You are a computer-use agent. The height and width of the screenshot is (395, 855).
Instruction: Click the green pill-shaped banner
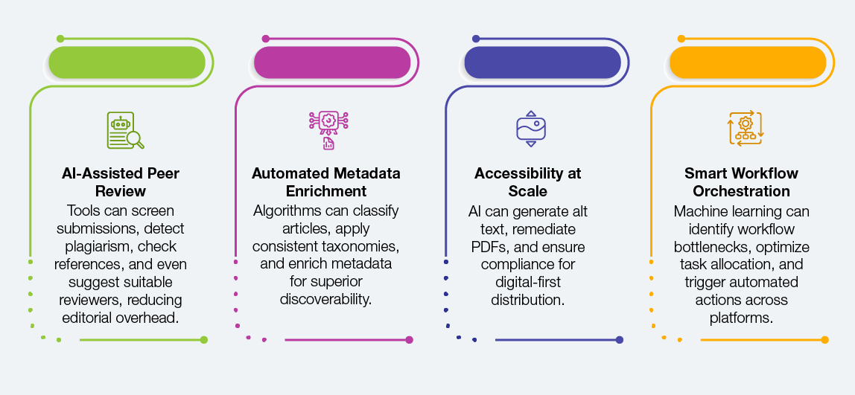tap(127, 62)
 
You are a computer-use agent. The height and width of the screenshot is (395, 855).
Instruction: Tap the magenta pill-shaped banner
tap(332, 62)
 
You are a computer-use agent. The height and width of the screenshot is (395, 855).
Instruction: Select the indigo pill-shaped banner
tap(542, 62)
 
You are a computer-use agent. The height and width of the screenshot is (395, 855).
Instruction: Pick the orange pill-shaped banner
tap(748, 62)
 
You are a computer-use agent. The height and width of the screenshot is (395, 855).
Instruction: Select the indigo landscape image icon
tap(531, 128)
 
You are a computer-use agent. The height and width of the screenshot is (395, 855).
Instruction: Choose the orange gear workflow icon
tap(745, 128)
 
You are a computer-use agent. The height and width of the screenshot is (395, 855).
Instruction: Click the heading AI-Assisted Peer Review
tap(121, 182)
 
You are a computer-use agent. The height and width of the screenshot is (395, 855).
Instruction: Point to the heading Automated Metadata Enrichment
tap(326, 182)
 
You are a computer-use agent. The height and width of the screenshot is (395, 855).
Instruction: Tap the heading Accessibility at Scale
tap(528, 182)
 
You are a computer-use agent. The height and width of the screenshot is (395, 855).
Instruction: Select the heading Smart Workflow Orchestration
tap(741, 182)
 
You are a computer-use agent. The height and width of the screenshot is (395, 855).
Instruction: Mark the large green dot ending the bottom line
tap(203, 340)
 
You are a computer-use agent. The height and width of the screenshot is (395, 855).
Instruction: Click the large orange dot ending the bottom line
tap(824, 340)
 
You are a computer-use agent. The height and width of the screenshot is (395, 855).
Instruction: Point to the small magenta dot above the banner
tap(265, 38)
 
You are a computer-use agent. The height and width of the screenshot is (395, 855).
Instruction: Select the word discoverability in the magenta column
tap(326, 299)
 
